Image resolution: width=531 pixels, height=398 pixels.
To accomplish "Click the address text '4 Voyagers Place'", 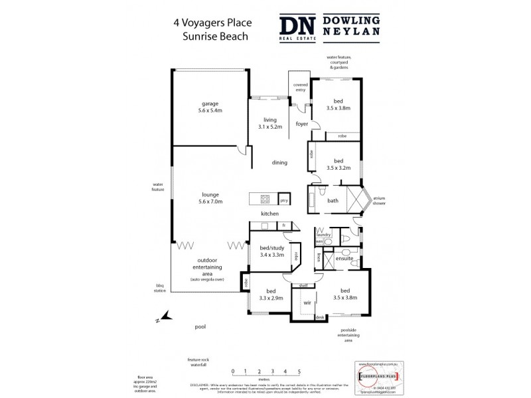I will (212, 22).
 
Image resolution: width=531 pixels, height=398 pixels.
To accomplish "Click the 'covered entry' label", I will (299, 88).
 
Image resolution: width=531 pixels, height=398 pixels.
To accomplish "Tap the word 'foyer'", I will (302, 123).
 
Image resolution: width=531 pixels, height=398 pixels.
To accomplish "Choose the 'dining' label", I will (279, 163).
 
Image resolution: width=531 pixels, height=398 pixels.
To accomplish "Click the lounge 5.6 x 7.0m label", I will (212, 198).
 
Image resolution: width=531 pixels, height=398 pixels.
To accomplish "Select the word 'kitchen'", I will (269, 214).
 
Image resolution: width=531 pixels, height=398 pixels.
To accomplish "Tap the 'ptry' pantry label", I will (283, 199).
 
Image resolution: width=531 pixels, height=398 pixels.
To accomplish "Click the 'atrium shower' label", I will (379, 200).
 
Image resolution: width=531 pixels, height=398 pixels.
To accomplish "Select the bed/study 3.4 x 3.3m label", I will (267, 251).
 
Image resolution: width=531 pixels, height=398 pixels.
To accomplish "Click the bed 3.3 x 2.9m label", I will (271, 295).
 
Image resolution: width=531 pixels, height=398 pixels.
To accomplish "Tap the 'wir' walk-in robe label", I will (307, 302).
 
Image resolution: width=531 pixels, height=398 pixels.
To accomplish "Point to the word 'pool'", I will (200, 327).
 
